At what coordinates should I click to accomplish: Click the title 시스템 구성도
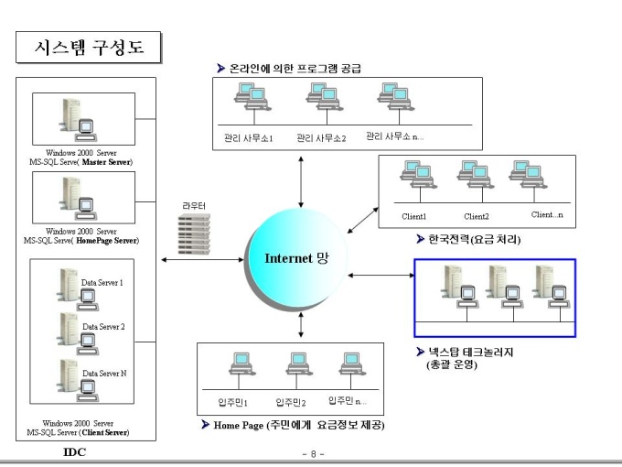89,48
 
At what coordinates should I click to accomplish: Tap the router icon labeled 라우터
194,233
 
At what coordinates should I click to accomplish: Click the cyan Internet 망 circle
297,257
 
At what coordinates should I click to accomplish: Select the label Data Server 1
102,283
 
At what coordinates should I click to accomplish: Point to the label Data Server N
104,374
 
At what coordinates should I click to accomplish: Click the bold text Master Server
106,162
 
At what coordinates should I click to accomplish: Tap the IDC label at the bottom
74,452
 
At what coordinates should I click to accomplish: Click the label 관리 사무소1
248,138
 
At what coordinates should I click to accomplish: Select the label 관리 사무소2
321,138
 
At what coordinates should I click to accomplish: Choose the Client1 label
413,216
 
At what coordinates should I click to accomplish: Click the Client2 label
477,216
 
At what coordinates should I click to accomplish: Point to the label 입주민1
233,402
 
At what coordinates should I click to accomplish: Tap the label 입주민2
291,403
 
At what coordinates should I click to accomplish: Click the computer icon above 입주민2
299,364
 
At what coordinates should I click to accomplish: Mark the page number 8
314,454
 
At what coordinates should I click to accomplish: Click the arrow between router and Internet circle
203,260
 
